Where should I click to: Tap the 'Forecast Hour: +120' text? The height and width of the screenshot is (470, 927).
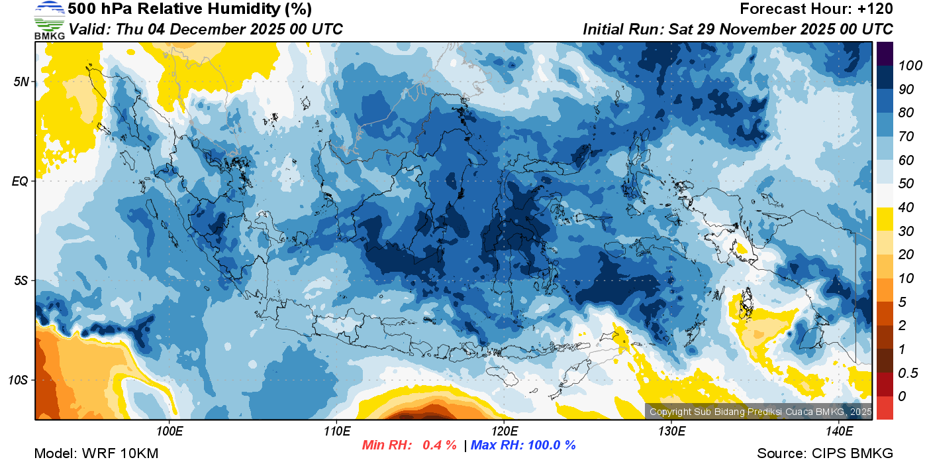816,9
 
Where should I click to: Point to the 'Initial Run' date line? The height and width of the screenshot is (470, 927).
738,30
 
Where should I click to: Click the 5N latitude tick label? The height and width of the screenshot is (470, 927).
21,82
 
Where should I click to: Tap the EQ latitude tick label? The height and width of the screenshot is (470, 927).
21,181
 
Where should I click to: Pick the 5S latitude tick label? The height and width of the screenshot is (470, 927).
21,280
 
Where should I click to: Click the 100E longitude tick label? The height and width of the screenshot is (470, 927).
170,432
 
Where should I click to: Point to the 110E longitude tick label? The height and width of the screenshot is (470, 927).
336,432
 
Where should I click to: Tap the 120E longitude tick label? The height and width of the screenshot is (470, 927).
504,432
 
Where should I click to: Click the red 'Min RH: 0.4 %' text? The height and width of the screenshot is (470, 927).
409,445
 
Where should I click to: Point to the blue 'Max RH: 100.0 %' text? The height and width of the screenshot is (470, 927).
523,445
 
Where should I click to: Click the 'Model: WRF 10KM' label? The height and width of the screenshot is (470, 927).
95,454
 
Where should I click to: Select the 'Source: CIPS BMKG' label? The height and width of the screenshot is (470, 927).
825,454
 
